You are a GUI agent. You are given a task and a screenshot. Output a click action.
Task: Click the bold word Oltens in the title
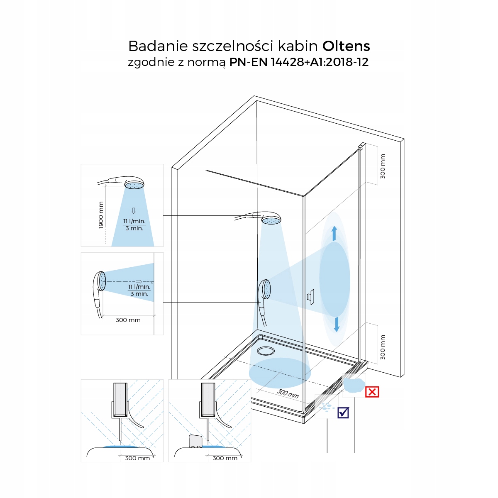tap(346, 46)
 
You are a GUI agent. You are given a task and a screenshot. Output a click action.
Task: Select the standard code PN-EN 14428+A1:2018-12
tap(299, 62)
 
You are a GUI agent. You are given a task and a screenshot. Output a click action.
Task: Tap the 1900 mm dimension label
tap(101, 215)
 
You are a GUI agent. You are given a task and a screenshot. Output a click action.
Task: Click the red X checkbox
tap(372, 392)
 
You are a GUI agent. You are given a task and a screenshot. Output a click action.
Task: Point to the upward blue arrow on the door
tap(334, 233)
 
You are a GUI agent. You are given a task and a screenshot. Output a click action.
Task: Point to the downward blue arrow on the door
tap(337, 325)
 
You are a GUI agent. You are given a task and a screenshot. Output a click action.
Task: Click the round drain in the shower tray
tap(266, 351)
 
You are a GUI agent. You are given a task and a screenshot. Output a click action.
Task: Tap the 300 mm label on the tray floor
tap(288, 393)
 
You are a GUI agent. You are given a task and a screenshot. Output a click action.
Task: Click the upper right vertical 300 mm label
tap(383, 166)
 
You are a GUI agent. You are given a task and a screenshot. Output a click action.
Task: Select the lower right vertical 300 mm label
tap(383, 347)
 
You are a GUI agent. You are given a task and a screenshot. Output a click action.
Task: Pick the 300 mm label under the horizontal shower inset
tap(128, 320)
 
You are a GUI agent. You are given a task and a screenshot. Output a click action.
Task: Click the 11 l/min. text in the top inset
tap(134, 221)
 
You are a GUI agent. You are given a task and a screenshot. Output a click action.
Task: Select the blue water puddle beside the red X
tap(354, 384)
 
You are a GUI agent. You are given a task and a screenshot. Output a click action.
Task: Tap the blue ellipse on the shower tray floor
tap(280, 373)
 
